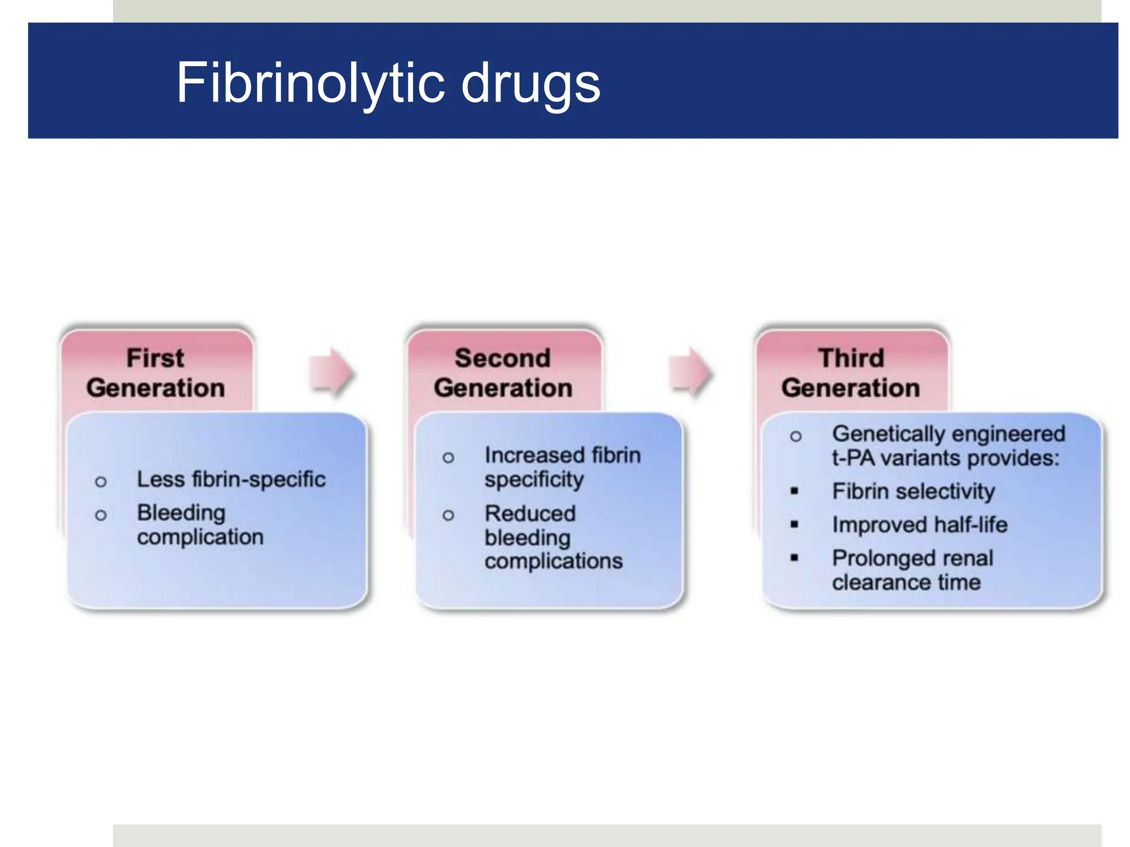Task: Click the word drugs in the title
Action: point(530,84)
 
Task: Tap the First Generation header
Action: point(156,373)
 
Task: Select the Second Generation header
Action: point(503,373)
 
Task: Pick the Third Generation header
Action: point(851,373)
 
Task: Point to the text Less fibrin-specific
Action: point(231,479)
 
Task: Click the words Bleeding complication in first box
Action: point(200,524)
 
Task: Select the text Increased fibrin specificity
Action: point(562,467)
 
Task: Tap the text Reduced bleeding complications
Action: point(553,537)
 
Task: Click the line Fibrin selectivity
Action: point(913,491)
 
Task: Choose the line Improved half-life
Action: point(919,524)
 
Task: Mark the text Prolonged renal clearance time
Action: point(912,570)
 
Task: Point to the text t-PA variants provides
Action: point(945,458)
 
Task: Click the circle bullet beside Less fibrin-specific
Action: point(100,482)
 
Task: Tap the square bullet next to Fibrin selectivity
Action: point(795,491)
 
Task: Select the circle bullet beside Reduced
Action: point(448,516)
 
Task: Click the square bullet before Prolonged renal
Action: point(795,558)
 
